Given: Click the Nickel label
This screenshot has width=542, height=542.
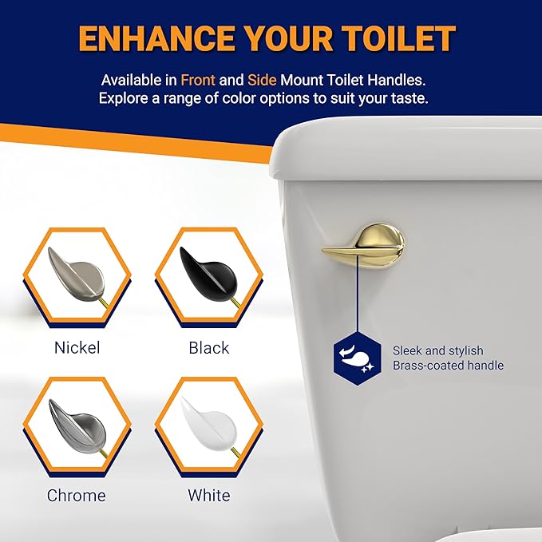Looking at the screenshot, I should point(77,347).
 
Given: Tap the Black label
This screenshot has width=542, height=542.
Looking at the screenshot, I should point(209,347).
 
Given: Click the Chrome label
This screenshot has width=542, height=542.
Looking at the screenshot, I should point(76,495).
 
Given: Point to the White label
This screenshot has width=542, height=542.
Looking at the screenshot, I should point(208,495).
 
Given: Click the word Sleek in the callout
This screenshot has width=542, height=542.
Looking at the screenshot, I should point(408,350).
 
